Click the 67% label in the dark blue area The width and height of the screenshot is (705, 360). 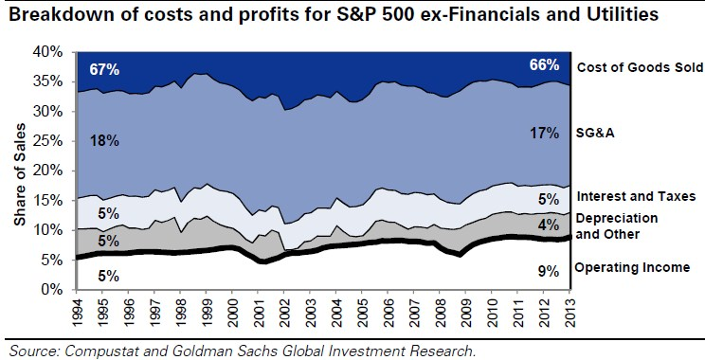tap(104, 70)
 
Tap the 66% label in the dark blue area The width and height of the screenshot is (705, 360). tap(544, 65)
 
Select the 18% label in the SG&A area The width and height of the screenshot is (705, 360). tap(104, 140)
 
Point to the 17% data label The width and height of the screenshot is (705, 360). tap(544, 133)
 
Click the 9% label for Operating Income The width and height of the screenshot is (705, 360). tap(549, 272)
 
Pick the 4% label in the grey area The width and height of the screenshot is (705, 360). tap(549, 224)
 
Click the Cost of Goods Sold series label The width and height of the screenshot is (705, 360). tap(640, 67)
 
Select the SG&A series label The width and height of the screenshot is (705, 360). tap(595, 133)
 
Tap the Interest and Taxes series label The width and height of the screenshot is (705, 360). tap(636, 196)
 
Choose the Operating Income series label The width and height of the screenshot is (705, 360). tap(633, 268)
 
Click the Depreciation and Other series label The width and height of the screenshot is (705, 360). tap(617, 226)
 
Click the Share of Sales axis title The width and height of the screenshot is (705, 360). tap(20, 175)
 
